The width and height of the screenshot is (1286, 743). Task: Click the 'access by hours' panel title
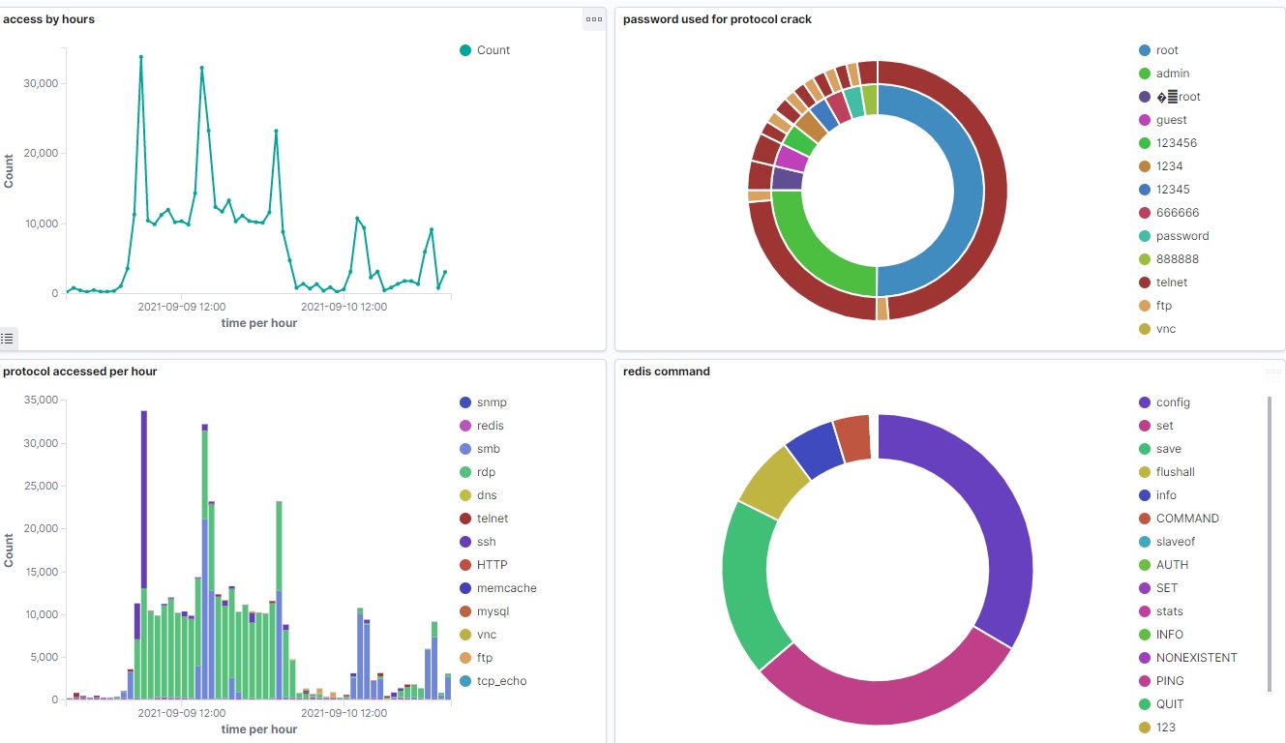(48, 19)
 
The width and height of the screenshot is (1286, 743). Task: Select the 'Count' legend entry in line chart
(493, 50)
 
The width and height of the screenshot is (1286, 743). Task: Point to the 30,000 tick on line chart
(43, 83)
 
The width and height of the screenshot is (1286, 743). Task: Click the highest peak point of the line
(141, 57)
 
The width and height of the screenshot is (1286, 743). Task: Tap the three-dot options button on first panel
(594, 19)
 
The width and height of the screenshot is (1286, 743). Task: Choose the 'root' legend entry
(1167, 50)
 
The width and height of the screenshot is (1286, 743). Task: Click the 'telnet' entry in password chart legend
(1171, 282)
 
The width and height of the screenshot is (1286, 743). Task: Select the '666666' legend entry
(1177, 213)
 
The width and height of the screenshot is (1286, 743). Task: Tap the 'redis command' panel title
(666, 371)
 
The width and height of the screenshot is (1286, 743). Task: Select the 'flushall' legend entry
(1175, 472)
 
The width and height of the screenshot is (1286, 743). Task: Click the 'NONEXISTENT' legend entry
(1196, 658)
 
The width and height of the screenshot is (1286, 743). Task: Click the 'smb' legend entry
(488, 449)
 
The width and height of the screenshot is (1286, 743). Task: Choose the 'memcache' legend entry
(506, 588)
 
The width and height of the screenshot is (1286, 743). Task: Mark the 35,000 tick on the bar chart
(43, 400)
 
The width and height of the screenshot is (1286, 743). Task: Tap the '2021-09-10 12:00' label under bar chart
(344, 714)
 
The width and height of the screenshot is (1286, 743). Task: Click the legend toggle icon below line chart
(8, 339)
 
